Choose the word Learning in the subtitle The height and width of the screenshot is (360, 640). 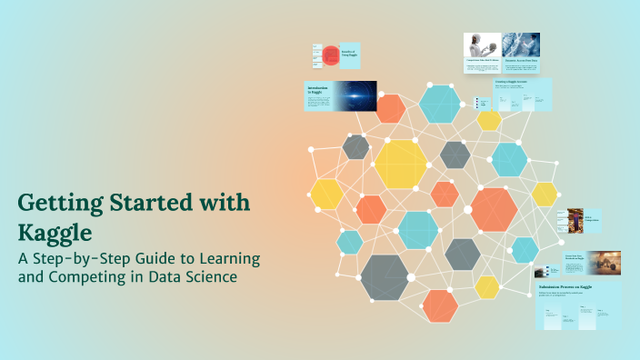click(228, 258)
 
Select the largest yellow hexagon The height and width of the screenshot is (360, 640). click(400, 164)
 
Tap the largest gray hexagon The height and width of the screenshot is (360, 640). click(385, 277)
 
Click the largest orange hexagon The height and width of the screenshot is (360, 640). click(494, 209)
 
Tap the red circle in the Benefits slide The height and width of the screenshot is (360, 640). click(331, 55)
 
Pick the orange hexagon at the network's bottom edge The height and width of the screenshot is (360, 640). click(441, 305)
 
